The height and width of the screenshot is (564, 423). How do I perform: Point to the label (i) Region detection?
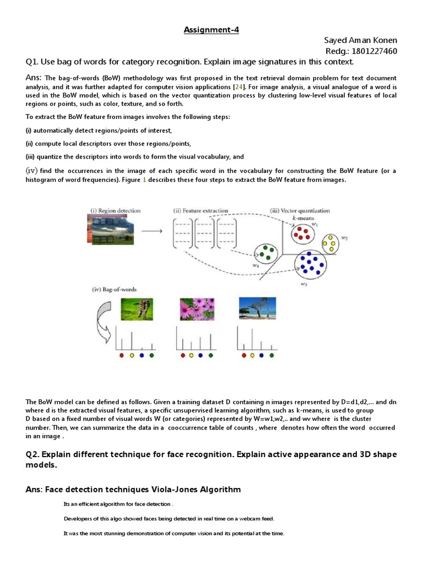[x=115, y=210]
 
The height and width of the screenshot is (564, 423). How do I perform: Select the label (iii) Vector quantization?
[x=300, y=210]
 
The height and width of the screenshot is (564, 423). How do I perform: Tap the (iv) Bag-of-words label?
[x=114, y=289]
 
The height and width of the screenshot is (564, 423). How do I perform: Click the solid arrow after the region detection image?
[x=151, y=231]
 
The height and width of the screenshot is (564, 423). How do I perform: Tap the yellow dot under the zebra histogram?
[x=132, y=356]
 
